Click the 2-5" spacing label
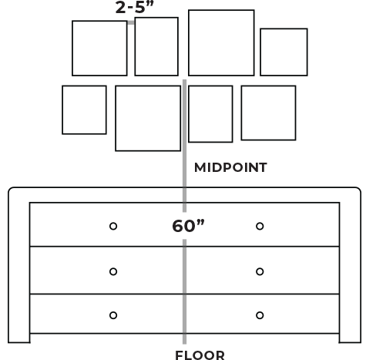134,7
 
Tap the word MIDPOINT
230,167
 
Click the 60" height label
188,226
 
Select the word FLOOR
200,355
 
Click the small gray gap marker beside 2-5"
131,22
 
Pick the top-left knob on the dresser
113,226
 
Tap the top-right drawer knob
260,226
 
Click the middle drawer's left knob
113,271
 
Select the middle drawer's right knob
260,271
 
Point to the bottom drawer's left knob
113,315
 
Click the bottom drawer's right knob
260,315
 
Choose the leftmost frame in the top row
72,49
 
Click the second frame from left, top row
135,46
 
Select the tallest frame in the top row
189,43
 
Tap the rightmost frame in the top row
260,52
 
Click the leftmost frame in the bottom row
62,110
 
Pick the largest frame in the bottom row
116,118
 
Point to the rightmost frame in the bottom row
241,113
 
